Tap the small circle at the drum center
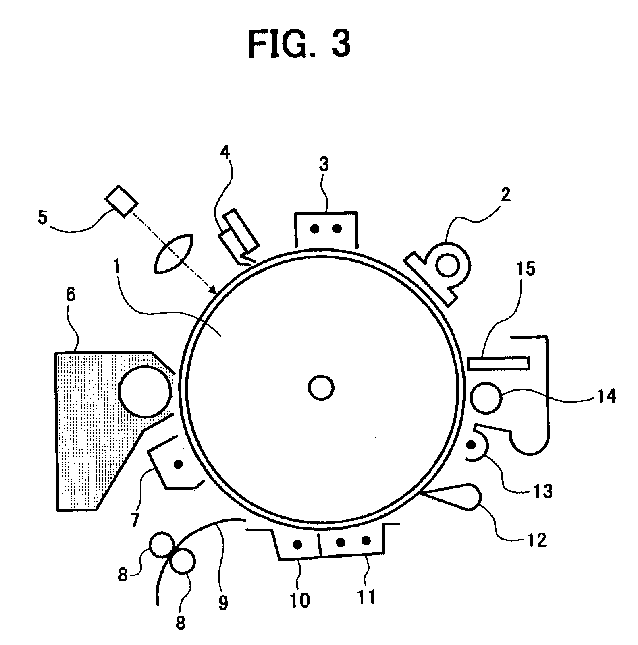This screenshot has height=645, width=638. click(321, 388)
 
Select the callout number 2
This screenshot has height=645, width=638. click(506, 195)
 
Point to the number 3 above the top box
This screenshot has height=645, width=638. click(324, 165)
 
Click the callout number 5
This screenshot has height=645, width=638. click(42, 217)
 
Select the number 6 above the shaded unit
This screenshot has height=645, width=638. click(70, 295)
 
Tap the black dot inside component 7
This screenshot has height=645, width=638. click(178, 464)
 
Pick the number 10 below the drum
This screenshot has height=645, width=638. click(300, 600)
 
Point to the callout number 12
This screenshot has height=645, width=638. click(537, 539)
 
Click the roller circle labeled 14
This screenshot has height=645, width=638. click(486, 398)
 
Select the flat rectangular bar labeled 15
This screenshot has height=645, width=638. click(499, 363)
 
